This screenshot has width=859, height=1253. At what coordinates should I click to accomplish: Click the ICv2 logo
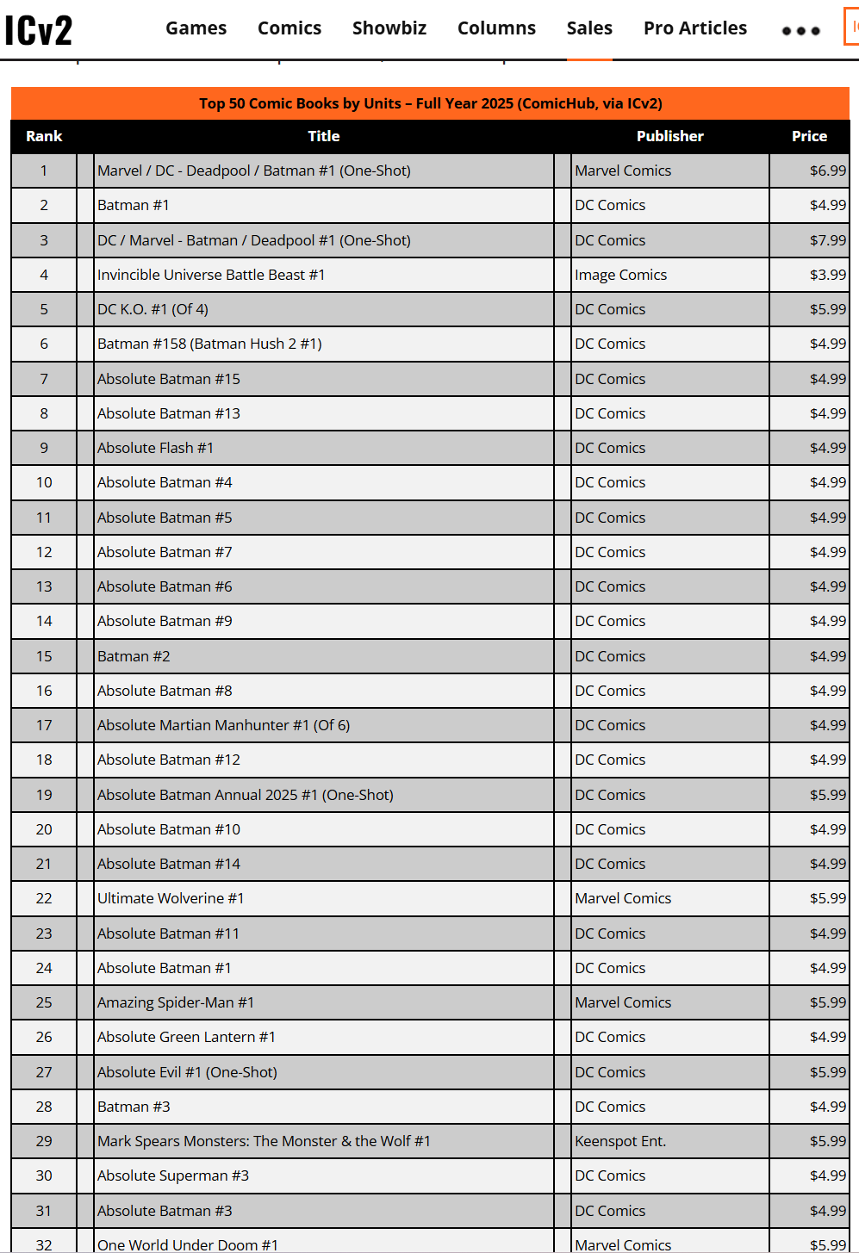coord(39,30)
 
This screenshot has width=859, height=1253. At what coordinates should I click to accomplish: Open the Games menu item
coord(196,28)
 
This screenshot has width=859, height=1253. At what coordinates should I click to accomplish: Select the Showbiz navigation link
coord(389,28)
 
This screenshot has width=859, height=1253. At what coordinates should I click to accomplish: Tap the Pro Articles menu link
coord(694,28)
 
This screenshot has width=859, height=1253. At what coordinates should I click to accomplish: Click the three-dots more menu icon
coord(800,31)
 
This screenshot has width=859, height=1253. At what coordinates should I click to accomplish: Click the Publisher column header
coord(669,136)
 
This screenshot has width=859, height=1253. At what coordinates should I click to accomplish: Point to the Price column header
coord(809,136)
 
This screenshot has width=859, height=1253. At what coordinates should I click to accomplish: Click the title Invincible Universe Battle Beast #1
coord(211,275)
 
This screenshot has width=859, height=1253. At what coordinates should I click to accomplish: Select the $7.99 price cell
coord(827,240)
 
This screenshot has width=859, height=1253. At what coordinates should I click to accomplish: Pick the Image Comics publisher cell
coord(620,275)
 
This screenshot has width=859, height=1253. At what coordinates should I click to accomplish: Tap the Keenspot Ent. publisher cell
coord(620,1141)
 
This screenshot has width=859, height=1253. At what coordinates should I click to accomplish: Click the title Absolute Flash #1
coord(155,448)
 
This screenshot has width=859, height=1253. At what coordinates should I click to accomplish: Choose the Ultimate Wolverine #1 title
coord(171,898)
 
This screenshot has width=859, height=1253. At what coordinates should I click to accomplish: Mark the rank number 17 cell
coord(44,725)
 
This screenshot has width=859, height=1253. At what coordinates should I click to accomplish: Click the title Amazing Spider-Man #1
coord(176,1002)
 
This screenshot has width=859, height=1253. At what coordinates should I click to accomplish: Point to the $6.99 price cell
coord(827,171)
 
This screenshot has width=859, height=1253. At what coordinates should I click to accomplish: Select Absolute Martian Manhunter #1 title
coord(223,725)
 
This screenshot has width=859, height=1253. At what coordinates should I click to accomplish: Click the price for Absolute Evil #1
coord(827,1072)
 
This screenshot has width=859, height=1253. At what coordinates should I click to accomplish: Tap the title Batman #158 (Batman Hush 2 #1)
coord(209,344)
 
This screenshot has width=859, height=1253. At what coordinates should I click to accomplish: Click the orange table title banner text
coord(430,103)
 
